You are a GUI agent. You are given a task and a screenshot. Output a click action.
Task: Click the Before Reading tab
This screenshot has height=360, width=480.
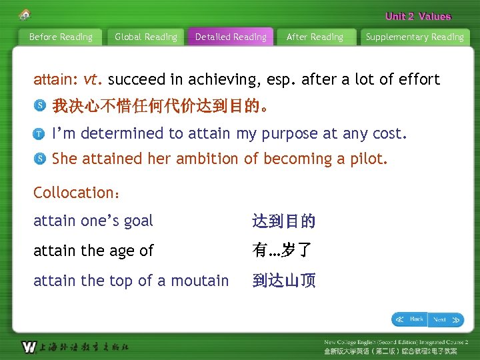[61, 37]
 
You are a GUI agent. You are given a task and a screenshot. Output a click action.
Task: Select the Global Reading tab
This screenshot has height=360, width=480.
[146, 37]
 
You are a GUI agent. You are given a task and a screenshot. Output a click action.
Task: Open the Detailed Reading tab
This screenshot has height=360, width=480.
[231, 37]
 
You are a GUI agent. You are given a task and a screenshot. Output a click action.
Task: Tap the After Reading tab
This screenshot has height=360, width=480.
[315, 37]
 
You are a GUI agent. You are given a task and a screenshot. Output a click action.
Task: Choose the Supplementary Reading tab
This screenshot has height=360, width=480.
[415, 37]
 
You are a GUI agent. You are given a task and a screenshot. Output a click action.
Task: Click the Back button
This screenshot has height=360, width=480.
[409, 319]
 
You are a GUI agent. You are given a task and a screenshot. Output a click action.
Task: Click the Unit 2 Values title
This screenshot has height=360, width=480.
[418, 17]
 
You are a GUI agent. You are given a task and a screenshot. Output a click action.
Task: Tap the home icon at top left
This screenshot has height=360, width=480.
[25, 14]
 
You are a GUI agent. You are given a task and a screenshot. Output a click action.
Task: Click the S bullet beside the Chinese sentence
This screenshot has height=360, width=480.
[41, 106]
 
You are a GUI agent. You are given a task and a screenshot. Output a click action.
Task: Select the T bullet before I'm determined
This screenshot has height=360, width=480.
[41, 133]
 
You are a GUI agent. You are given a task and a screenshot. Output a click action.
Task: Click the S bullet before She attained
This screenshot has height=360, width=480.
[41, 159]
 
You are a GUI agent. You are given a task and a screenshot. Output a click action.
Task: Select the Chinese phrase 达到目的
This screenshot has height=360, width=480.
[284, 221]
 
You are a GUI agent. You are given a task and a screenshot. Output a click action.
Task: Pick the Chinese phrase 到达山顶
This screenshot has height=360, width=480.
[284, 281]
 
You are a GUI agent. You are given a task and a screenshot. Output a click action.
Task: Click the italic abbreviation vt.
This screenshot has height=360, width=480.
[93, 80]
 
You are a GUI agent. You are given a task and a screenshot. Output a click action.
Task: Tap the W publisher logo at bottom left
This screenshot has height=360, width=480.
[29, 347]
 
